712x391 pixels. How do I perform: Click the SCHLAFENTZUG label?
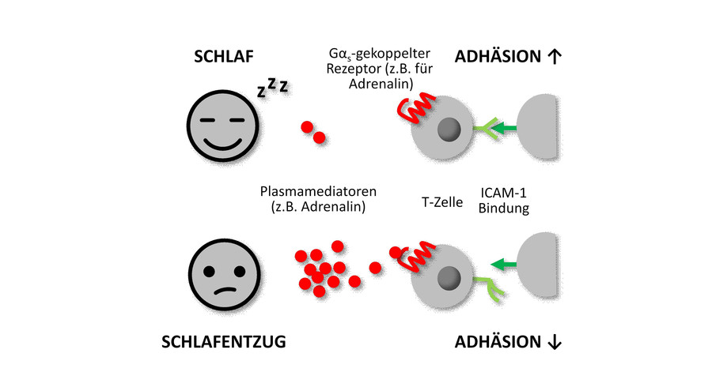pos(224,342)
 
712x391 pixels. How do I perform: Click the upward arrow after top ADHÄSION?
pos(554,57)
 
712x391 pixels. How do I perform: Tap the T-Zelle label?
pos(441,201)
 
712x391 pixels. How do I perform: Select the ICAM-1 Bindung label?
pos(505,201)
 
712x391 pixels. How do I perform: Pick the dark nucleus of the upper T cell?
pos(449,128)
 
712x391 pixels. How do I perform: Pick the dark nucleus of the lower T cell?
pos(449,276)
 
